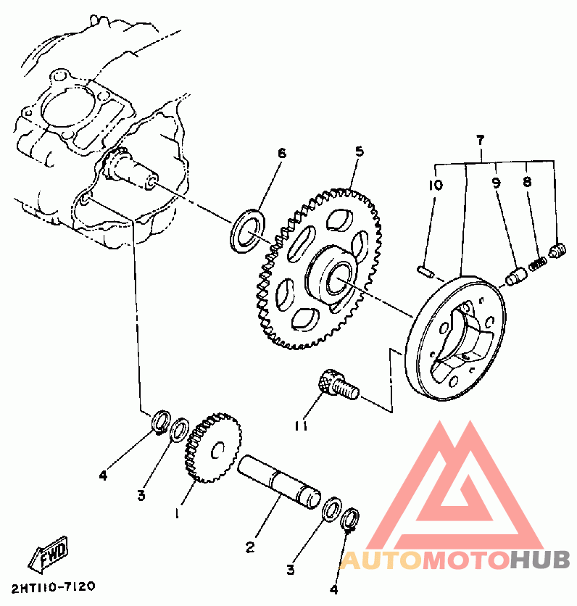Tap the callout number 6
[x=282, y=153]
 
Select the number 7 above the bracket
[x=480, y=139]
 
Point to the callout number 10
[x=434, y=185]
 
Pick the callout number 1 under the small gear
[x=176, y=512]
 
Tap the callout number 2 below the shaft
[x=250, y=548]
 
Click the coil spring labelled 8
[x=537, y=265]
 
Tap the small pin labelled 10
[x=426, y=271]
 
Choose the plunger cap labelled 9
[x=516, y=276]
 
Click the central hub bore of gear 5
[x=339, y=277]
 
